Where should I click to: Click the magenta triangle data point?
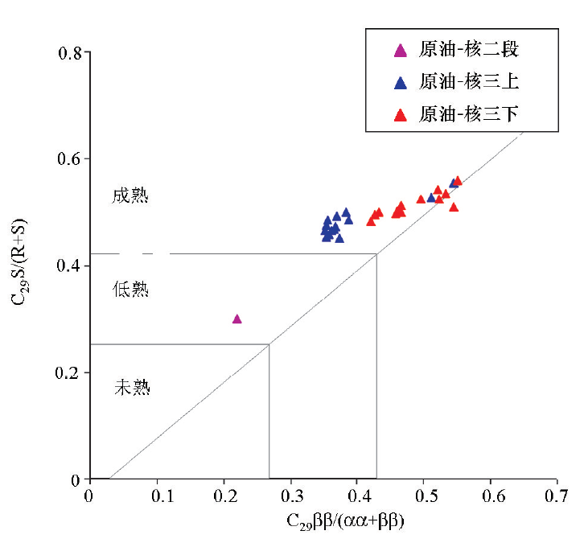pyautogui.click(x=237, y=319)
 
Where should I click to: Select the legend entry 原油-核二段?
pyautogui.click(x=457, y=50)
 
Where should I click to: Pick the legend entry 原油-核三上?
pyautogui.click(x=457, y=81)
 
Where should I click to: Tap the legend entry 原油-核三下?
pyautogui.click(x=457, y=114)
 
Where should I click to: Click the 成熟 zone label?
pyautogui.click(x=130, y=196)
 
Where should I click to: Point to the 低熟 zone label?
pyautogui.click(x=130, y=290)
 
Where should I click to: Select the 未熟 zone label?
pyautogui.click(x=132, y=388)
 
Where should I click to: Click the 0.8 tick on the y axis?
pyautogui.click(x=70, y=53)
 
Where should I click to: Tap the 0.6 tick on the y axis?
pyautogui.click(x=70, y=159)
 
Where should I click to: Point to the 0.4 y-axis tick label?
pyautogui.click(x=70, y=266)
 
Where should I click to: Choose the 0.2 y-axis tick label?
pyautogui.click(x=70, y=373)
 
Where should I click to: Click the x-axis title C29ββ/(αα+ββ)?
pyautogui.click(x=344, y=521)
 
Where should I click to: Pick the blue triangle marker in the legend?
pyautogui.click(x=400, y=82)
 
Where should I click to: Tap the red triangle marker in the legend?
pyautogui.click(x=400, y=115)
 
